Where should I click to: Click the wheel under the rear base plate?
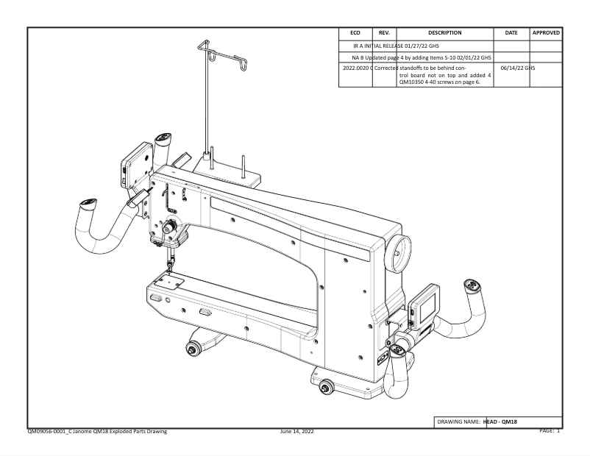click(324, 385)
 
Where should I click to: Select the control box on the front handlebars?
click(133, 167)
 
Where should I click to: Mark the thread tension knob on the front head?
click(168, 228)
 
